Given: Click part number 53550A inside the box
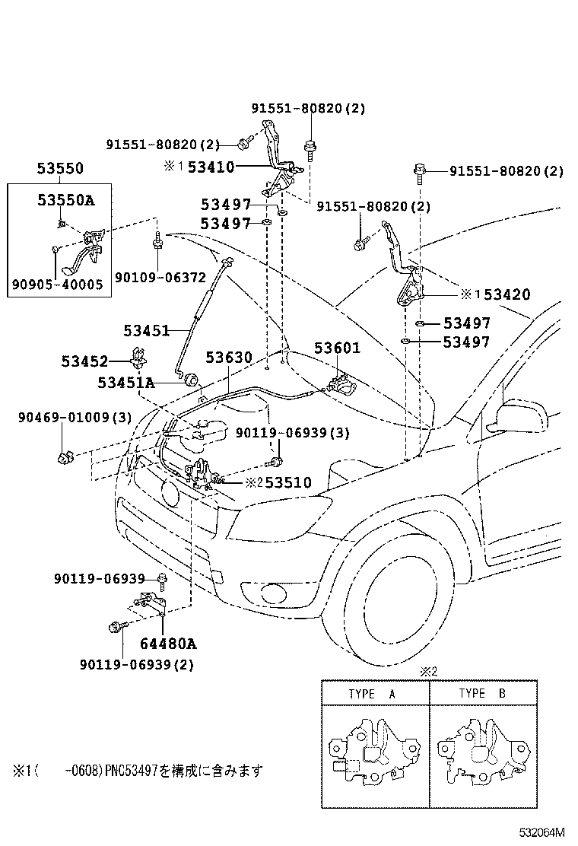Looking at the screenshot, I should pos(66,200).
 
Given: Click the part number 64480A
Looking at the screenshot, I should pos(168,644).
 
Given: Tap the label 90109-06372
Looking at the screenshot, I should pos(150,279).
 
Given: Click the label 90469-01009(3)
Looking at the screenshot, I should pos(75,417).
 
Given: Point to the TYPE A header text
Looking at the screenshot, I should pos(372,694).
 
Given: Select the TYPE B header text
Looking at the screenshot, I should pos(482,694).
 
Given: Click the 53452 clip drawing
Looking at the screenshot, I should pos(138,357).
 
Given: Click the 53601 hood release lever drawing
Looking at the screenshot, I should pos(341,384).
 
